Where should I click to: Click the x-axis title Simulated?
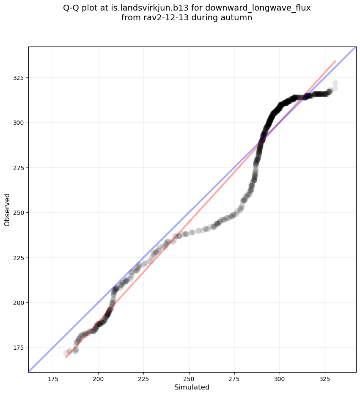point(192,387)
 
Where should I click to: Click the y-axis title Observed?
point(7,209)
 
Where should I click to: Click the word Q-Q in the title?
point(72,8)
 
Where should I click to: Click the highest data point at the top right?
point(335,83)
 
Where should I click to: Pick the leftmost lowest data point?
point(66,353)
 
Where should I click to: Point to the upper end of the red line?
point(335,60)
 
